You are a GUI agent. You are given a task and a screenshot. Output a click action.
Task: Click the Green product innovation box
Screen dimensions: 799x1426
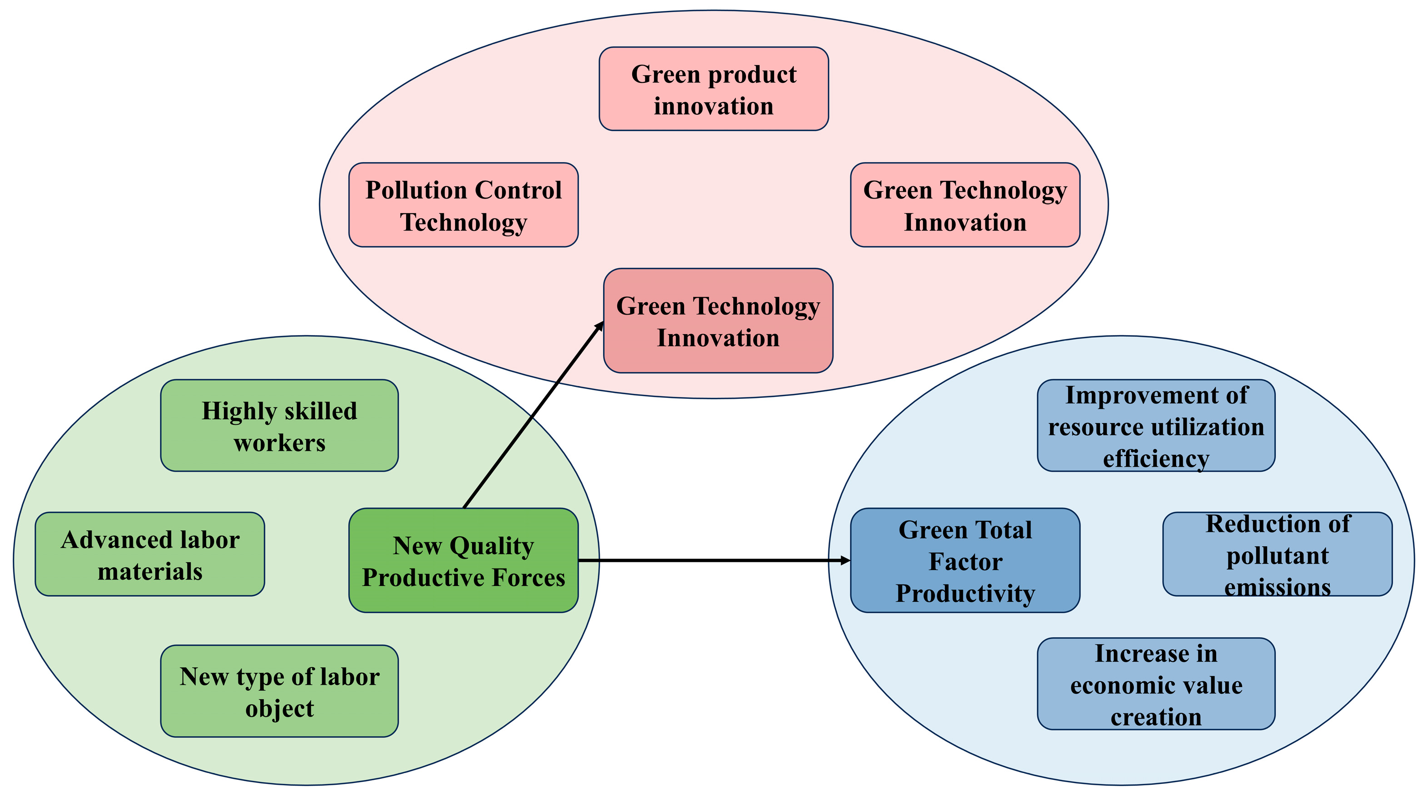coord(714,89)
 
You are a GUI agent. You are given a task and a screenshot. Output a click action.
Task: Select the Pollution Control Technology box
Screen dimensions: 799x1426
coord(463,205)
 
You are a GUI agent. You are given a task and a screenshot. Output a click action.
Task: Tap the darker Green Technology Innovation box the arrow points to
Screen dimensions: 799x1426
coord(718,321)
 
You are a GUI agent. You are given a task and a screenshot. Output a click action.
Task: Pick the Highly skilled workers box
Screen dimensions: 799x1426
coord(279,425)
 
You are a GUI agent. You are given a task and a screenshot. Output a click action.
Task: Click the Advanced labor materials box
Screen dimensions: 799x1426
coord(150,554)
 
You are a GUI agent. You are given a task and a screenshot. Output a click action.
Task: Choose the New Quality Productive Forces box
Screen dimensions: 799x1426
coord(463,560)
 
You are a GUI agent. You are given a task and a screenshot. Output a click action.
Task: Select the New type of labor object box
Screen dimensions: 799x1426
coord(279,691)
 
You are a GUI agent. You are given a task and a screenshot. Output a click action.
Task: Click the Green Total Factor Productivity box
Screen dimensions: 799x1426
coord(965,560)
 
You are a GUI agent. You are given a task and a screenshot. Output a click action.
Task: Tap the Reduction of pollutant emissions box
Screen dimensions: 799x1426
coord(1277,554)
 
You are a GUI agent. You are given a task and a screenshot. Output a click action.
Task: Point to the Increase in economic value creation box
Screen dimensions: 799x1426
coord(1156,684)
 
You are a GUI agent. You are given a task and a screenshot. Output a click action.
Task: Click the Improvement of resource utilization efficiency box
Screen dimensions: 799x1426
coord(1156,425)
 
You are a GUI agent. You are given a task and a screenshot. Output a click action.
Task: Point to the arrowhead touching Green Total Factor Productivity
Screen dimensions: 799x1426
coord(845,560)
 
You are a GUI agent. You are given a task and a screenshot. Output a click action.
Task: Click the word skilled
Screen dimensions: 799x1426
coord(320,411)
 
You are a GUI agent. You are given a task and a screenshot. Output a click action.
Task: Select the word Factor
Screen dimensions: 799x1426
coord(965,561)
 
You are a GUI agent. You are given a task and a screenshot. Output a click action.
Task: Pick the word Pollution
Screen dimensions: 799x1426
coord(415,190)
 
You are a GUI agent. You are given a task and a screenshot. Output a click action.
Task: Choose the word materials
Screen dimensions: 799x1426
coord(150,571)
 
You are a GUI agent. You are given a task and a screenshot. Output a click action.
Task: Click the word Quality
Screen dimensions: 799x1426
coord(492,546)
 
